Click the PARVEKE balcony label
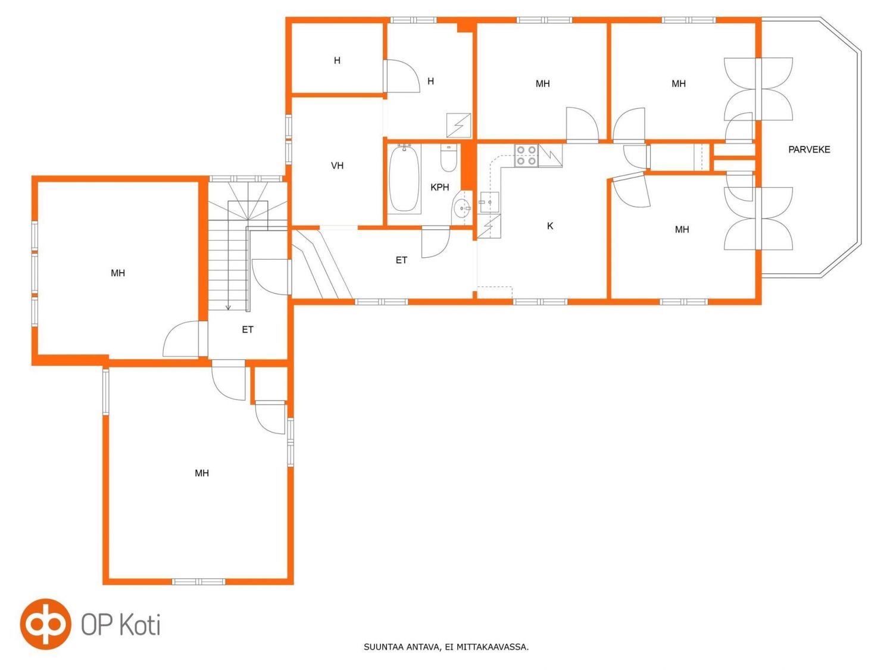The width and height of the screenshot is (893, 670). (809, 149)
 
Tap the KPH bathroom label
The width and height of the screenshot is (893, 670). (439, 187)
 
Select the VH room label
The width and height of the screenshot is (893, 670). (337, 166)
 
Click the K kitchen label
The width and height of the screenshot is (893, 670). (549, 226)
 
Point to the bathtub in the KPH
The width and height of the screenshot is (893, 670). (405, 179)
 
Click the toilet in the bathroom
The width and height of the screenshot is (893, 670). (449, 158)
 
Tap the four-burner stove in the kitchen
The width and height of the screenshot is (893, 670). (526, 156)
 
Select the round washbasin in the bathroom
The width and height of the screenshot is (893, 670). (462, 208)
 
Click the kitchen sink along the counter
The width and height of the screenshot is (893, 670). (489, 202)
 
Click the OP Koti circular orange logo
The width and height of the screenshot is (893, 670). (46, 624)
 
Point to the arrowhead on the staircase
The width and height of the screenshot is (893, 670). (228, 307)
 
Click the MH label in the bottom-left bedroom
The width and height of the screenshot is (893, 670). (202, 473)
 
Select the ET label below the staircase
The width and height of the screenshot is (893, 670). (247, 329)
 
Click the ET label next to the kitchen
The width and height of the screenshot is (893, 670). (401, 260)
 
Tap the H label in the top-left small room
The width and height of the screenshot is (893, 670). (337, 61)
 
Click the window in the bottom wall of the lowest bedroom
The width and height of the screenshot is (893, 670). (198, 582)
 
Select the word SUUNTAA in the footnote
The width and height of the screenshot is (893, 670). (382, 647)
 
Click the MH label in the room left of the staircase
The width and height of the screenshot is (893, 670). (118, 273)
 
